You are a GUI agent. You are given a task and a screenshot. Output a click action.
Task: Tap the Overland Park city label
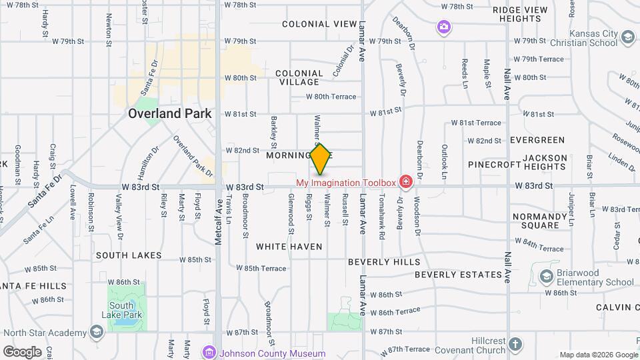point(170,113)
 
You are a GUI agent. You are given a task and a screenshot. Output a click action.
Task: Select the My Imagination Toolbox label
point(345,182)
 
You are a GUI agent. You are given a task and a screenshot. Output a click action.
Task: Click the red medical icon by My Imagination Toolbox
point(405,182)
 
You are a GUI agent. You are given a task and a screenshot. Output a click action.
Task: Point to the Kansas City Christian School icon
point(627,39)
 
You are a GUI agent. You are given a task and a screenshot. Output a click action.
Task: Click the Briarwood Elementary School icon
point(546,276)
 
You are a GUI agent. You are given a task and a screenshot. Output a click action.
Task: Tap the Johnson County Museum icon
point(210,353)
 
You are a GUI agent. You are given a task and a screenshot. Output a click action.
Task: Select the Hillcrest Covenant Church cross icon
point(514,345)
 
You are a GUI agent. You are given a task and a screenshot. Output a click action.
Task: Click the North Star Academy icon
point(97,332)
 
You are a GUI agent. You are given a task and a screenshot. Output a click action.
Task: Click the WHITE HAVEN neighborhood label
point(289,247)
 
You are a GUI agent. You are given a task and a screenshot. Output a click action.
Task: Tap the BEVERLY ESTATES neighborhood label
point(458,275)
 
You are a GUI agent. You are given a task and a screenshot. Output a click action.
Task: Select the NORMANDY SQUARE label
point(539,221)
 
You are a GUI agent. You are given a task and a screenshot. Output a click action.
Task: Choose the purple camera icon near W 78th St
point(444,27)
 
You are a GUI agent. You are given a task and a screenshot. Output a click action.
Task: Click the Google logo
point(23,351)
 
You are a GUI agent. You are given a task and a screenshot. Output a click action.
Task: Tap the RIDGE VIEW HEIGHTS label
point(520,14)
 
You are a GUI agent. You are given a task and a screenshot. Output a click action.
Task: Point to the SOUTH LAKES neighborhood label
point(129,255)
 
